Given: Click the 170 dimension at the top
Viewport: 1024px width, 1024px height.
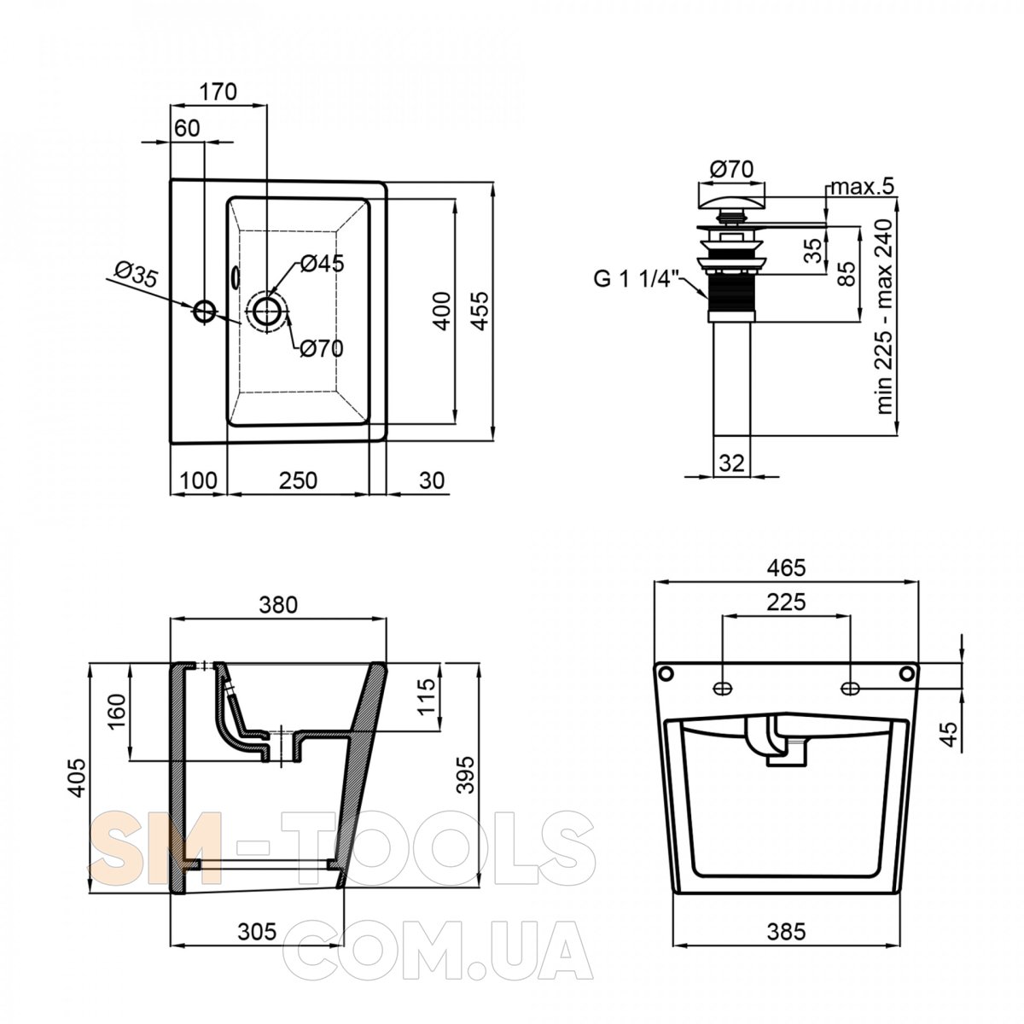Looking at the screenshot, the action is [x=218, y=92].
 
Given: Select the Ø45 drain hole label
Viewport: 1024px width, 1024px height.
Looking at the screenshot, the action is [x=322, y=263].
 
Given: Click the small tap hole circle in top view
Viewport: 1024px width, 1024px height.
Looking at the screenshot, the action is [x=205, y=311].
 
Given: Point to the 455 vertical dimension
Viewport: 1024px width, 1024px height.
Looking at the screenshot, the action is [x=480, y=311].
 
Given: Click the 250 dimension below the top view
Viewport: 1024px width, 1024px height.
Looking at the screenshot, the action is [x=298, y=480].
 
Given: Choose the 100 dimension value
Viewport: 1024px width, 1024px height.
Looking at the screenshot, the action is [x=198, y=480].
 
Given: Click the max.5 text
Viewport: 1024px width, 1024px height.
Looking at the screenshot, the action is [x=863, y=186].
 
